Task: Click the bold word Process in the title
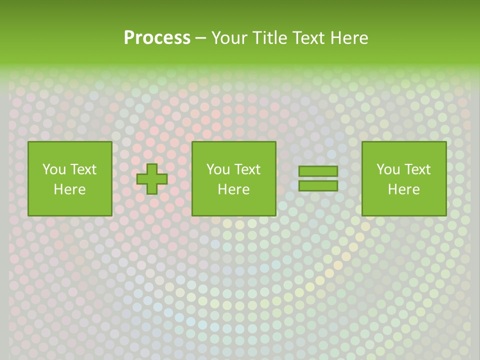click(x=157, y=38)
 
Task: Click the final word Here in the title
click(x=349, y=38)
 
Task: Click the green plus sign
click(x=152, y=179)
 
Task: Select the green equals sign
click(x=318, y=178)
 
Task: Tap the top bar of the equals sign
click(x=318, y=171)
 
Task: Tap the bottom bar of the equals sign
click(x=318, y=185)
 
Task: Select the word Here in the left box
click(x=69, y=189)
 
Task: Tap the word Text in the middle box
click(x=247, y=169)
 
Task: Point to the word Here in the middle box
click(x=233, y=189)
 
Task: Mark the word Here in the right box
click(x=403, y=189)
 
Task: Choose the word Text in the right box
click(x=417, y=169)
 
